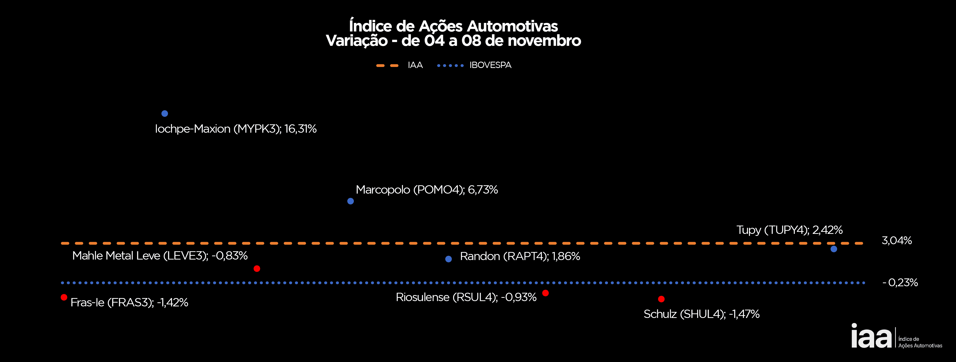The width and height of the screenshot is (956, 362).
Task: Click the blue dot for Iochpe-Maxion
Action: pyautogui.click(x=165, y=114)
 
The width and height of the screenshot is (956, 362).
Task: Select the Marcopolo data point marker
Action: pyautogui.click(x=350, y=201)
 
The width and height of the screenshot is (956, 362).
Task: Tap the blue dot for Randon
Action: pyautogui.click(x=448, y=259)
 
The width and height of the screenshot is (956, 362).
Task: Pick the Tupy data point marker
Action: pyautogui.click(x=834, y=249)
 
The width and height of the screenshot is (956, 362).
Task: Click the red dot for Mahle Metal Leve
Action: pyautogui.click(x=257, y=269)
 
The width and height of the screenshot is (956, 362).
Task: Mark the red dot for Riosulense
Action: pyautogui.click(x=545, y=293)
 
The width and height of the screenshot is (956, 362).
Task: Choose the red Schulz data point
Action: pyautogui.click(x=661, y=299)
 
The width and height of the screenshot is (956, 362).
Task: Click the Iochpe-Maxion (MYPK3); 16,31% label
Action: pyautogui.click(x=236, y=129)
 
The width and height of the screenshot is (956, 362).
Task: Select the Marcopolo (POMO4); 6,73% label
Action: pyautogui.click(x=427, y=190)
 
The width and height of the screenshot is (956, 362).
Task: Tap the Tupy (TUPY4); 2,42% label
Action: pyautogui.click(x=789, y=230)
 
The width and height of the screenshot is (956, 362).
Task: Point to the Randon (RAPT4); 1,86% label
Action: pyautogui.click(x=520, y=256)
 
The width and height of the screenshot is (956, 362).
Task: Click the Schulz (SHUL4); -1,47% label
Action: pyautogui.click(x=701, y=314)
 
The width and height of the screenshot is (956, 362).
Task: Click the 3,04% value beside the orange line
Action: pyautogui.click(x=897, y=241)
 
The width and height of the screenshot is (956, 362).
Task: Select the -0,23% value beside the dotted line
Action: pyautogui.click(x=900, y=283)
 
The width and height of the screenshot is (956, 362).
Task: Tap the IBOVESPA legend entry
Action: pyautogui.click(x=490, y=65)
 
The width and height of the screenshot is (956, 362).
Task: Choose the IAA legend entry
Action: pyautogui.click(x=415, y=65)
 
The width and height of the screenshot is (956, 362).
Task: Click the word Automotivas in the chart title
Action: pyautogui.click(x=512, y=26)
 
